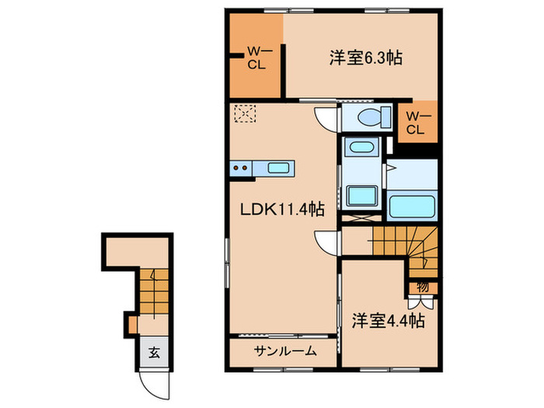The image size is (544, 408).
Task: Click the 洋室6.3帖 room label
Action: click(357, 58)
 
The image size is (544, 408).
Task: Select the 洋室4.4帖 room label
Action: click(386, 320)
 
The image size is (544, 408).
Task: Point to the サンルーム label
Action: click(284, 351)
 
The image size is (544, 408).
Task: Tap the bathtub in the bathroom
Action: click(411, 207)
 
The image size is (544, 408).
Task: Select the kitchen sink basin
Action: click(277, 167)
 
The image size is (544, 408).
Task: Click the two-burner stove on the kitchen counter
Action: click(240, 167)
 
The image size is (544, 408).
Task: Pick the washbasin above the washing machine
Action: click(359, 147)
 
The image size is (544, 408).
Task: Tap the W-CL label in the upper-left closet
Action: click(256, 58)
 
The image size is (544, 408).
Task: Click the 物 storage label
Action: click(422, 287)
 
